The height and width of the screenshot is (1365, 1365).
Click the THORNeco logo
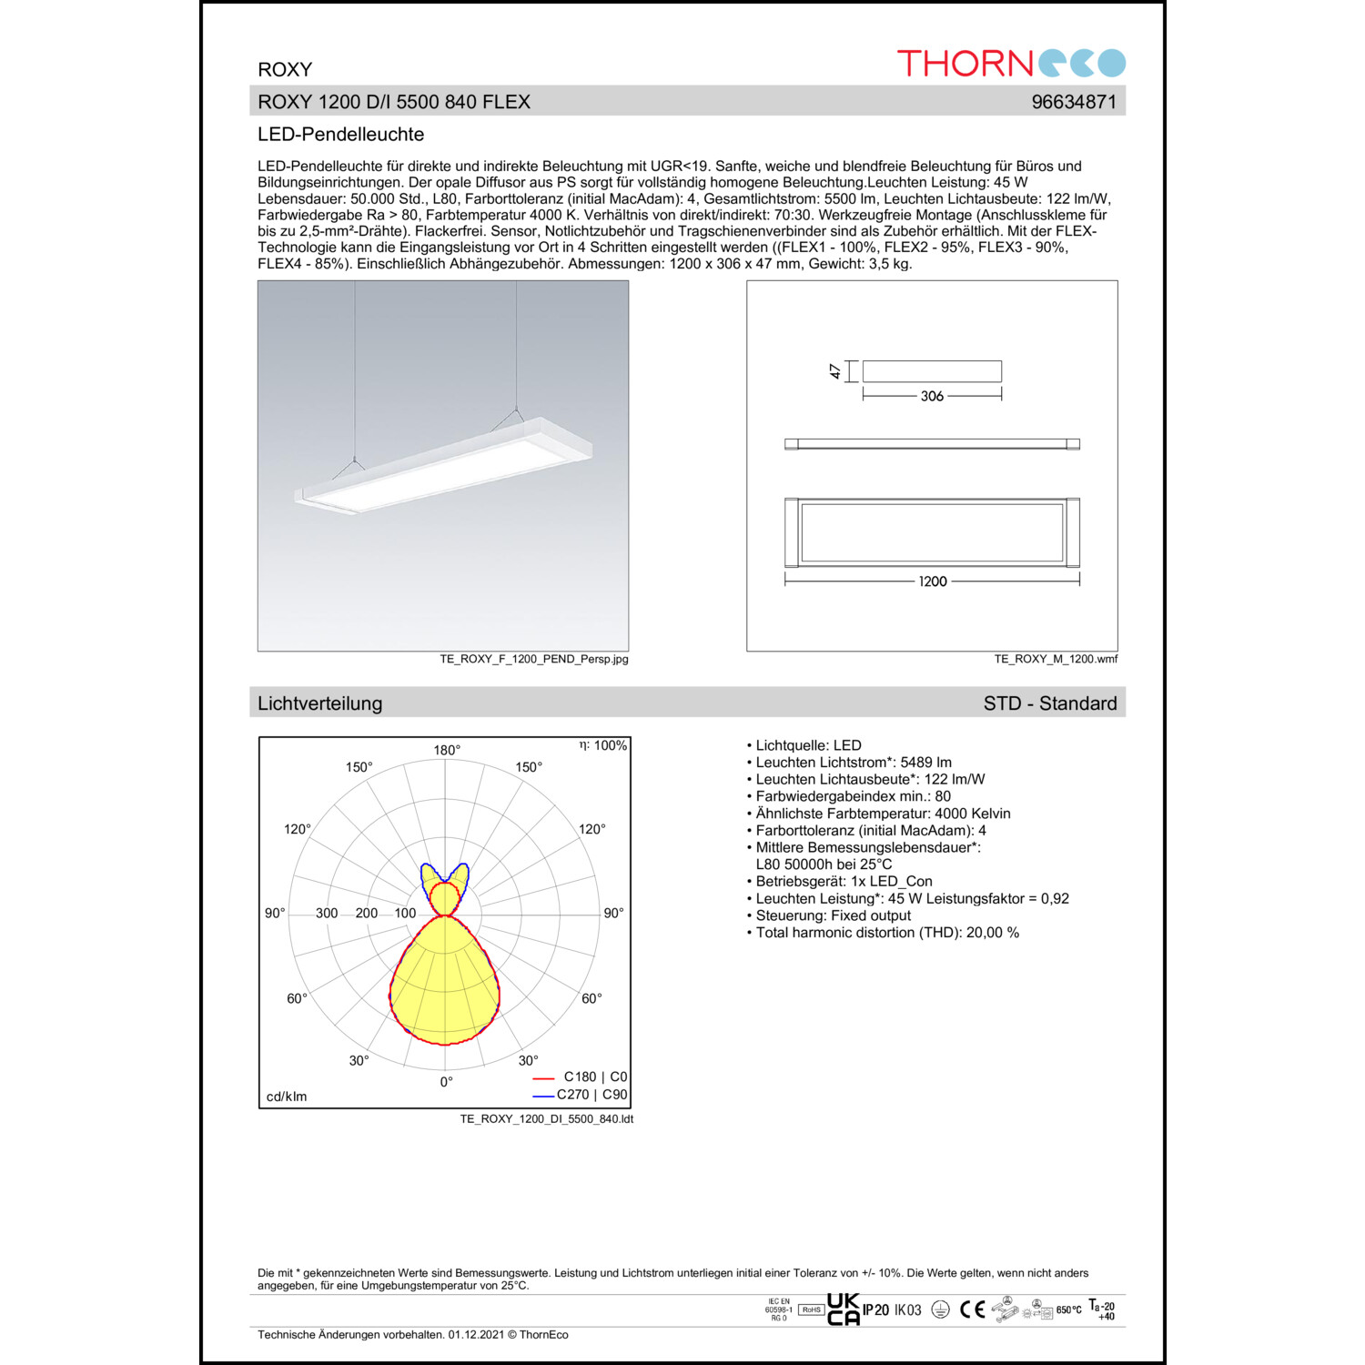coord(1011,63)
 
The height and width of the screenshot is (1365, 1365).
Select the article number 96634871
coord(1074,102)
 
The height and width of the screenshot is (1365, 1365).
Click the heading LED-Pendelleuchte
coord(340,135)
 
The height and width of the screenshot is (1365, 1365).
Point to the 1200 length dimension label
coord(933,581)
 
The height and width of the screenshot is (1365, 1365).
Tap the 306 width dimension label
coord(932,396)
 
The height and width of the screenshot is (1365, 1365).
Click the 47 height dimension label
coord(835,371)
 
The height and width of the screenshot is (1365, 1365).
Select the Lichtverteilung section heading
coord(319,703)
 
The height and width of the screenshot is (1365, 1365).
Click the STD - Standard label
coord(1050,703)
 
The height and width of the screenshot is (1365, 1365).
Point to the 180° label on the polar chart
coord(447,750)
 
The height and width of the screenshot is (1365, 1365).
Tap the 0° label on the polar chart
coord(446,1082)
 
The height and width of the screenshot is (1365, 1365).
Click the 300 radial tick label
coord(327,913)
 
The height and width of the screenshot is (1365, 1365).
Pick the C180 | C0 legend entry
coord(594,1077)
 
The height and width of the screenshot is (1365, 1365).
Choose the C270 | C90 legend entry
coord(591,1095)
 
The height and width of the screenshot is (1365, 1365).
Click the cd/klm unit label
coord(287,1097)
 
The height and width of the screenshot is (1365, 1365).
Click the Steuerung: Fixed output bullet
coord(832,915)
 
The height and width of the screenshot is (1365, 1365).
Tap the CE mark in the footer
coord(973,1309)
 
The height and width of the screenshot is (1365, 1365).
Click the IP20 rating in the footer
coord(875,1310)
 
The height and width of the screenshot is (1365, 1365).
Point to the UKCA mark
coord(843,1309)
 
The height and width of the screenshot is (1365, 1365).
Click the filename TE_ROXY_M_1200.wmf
coord(1056,659)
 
